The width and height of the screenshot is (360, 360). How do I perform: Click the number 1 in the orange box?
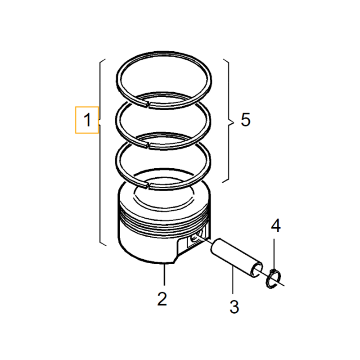(87, 120)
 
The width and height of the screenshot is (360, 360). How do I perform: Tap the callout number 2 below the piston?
(162, 298)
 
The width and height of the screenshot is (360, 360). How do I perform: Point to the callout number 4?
(275, 226)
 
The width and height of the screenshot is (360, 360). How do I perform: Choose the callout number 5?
(245, 120)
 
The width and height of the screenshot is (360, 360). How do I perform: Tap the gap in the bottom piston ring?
(147, 184)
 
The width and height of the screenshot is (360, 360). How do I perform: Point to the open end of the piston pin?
(256, 269)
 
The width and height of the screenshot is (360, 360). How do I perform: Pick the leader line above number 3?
(233, 281)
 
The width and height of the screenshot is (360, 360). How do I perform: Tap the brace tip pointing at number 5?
(231, 121)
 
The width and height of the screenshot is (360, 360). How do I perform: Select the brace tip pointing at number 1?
(99, 121)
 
